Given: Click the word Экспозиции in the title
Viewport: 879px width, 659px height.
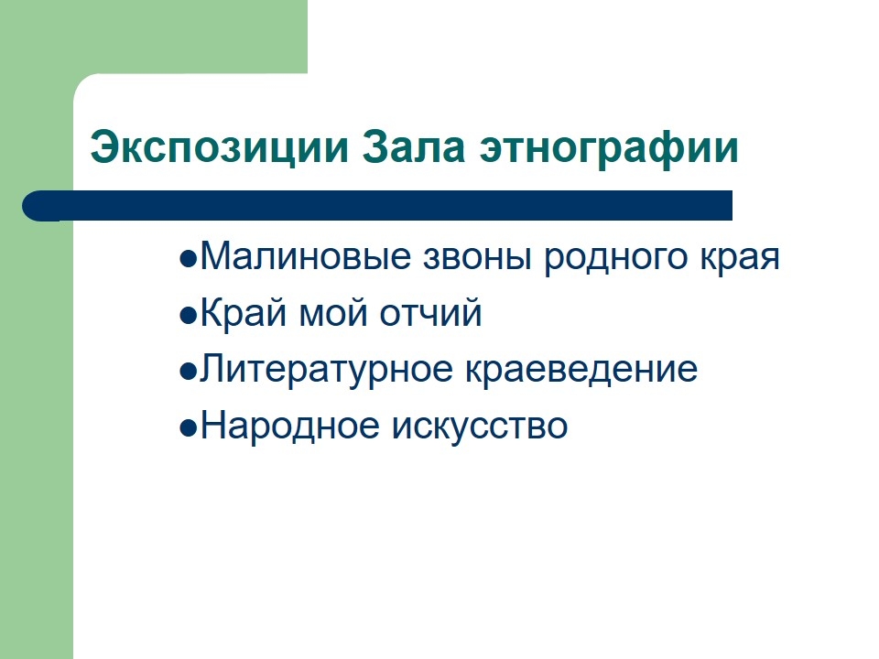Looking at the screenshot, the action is [219, 148].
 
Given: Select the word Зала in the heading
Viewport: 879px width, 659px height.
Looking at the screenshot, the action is [413, 146].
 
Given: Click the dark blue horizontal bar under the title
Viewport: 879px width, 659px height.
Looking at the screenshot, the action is [377, 206].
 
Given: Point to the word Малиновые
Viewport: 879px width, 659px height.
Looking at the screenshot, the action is [306, 256].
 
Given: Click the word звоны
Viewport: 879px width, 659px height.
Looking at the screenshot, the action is [477, 257].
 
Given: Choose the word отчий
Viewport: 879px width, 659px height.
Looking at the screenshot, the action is [430, 312].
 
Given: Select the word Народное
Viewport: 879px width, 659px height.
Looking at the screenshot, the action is [290, 426].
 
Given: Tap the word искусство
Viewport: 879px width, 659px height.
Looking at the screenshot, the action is [480, 428].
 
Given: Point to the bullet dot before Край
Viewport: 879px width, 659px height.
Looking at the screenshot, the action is [189, 316].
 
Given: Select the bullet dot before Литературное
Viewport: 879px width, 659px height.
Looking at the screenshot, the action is [189, 373].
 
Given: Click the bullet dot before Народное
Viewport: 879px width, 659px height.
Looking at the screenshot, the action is [189, 428].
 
